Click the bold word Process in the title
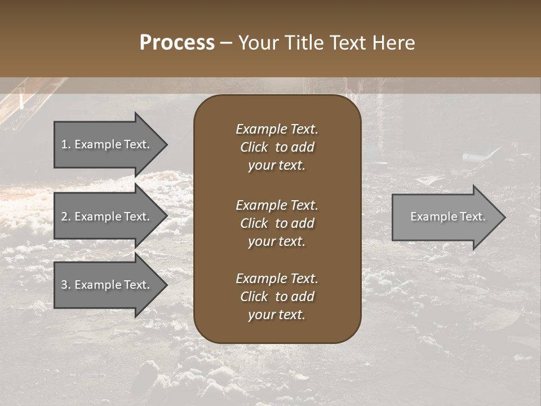pos(177,43)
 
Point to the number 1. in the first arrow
pos(66,144)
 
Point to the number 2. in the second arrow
pos(66,217)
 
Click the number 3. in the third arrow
pos(66,285)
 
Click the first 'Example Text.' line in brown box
pos(277,129)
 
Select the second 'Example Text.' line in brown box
pos(277,205)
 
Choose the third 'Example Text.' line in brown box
pos(277,279)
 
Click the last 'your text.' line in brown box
pos(277,315)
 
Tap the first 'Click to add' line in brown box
pos(277,147)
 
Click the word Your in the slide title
pos(259,43)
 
